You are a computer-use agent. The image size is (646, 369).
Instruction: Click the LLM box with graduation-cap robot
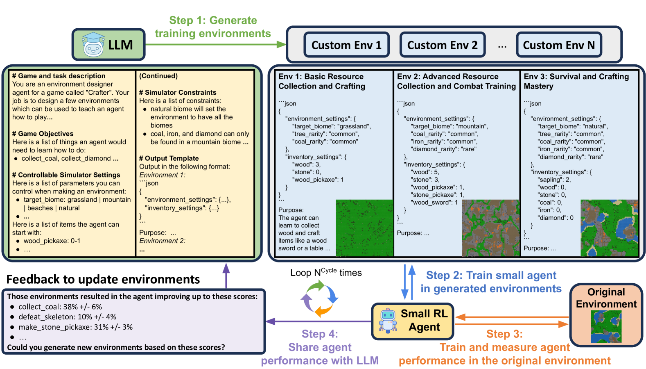coord(109,45)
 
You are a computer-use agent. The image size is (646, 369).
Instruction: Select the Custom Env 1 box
coord(346,45)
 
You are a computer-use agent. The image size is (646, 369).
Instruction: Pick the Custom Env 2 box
coord(442,45)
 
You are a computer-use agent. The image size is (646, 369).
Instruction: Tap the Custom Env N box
coord(559,45)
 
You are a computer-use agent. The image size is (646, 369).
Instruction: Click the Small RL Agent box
coord(413,321)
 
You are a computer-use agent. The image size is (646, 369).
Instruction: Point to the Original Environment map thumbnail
coord(606,326)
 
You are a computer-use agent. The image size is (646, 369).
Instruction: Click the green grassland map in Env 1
coord(364,228)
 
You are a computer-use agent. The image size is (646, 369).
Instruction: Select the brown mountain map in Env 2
coord(490,228)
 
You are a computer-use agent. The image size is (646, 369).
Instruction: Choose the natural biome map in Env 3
coord(609,228)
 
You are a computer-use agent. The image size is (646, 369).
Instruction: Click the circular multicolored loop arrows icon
coord(320,299)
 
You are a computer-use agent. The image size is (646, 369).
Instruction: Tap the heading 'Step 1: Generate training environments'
coord(213,27)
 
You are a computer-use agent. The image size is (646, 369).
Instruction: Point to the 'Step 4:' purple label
coord(320,334)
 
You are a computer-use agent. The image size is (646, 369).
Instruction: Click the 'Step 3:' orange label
coord(504,334)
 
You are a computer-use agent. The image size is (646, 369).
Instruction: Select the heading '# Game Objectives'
coord(43,134)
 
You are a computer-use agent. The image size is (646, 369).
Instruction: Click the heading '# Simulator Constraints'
coord(178,93)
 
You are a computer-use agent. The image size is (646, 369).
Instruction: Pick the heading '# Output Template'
coord(169,158)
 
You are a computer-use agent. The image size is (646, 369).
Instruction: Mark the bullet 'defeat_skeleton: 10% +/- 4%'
coord(68,317)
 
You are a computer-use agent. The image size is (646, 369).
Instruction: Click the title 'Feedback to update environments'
coord(103,279)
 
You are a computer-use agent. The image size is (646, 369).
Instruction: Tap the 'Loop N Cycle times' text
coord(326,273)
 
